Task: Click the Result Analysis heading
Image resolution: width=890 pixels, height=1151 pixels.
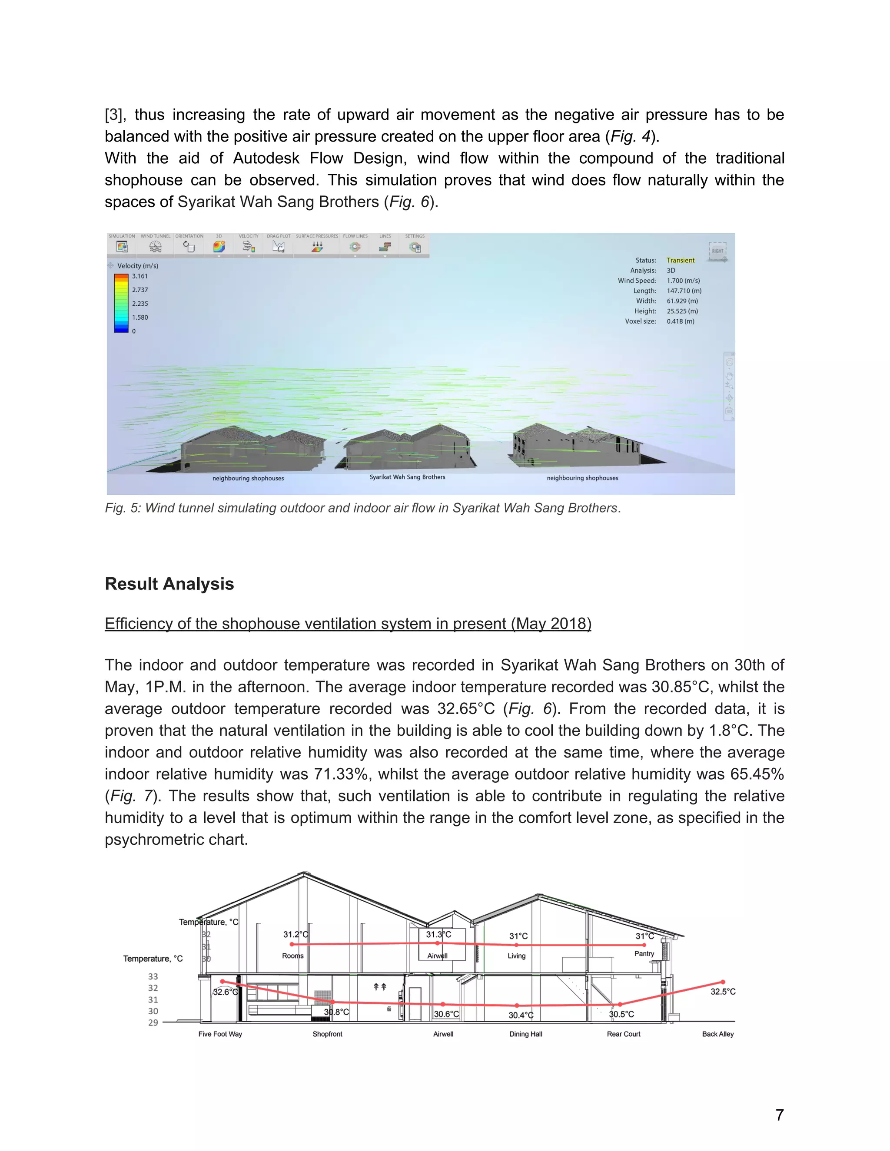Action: [x=169, y=584]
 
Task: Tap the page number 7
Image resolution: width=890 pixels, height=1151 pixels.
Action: [x=779, y=1115]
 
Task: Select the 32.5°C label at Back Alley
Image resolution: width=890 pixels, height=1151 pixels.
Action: [x=723, y=991]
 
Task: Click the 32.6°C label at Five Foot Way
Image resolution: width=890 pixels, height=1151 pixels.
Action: [x=225, y=992]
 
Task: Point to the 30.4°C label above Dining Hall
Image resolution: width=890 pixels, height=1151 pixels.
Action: [x=521, y=1015]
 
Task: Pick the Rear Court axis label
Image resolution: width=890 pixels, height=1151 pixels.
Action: [x=623, y=1034]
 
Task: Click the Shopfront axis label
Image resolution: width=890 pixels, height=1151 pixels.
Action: [x=327, y=1034]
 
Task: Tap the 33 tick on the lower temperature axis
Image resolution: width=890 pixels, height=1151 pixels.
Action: [x=153, y=976]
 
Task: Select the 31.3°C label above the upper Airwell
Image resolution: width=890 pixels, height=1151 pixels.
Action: [x=438, y=934]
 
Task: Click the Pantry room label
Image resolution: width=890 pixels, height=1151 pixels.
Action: [x=644, y=953]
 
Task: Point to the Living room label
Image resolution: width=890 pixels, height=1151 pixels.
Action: [x=516, y=956]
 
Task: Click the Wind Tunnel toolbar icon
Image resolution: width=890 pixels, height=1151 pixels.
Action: [x=155, y=247]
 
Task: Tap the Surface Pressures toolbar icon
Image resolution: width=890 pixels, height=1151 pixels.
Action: [x=317, y=247]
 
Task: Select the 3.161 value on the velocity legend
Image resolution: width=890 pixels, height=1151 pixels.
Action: [x=140, y=276]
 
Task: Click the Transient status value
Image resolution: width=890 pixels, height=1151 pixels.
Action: [x=680, y=260]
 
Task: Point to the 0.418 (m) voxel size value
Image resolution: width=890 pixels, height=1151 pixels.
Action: [x=680, y=321]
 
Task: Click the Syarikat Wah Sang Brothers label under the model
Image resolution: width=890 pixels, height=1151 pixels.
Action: [x=407, y=477]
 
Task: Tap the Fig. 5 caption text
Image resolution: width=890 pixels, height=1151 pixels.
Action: [x=363, y=508]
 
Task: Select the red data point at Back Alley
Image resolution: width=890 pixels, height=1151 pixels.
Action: [x=723, y=982]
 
